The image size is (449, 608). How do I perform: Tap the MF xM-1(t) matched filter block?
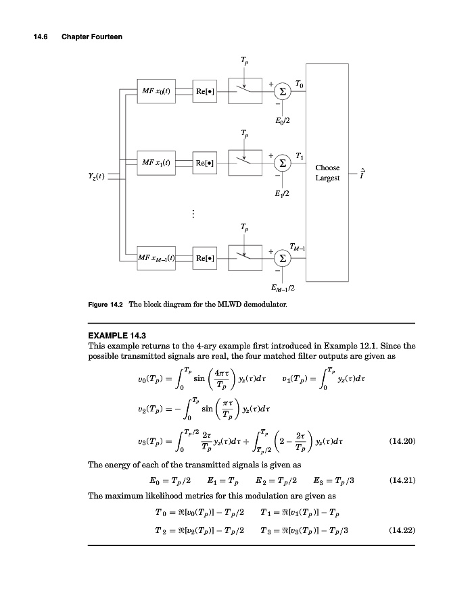coord(155,257)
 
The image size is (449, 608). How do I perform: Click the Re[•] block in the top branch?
coord(206,91)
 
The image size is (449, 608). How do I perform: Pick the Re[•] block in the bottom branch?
coord(206,257)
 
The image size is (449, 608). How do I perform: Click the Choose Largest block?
coord(327,173)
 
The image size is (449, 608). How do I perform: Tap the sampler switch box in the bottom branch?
coord(243,257)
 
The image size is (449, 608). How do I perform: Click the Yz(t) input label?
coord(97,178)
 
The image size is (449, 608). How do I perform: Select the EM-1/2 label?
coord(283,288)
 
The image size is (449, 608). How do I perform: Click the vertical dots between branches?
coord(193,214)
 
